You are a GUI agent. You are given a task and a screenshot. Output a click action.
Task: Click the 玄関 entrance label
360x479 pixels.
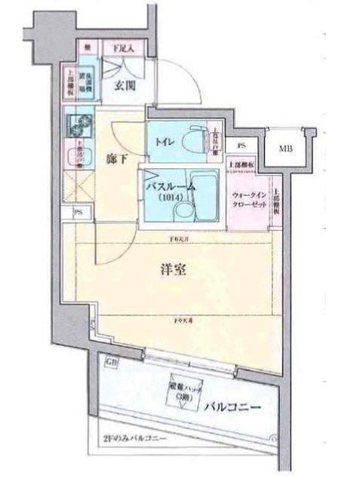click(125, 85)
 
